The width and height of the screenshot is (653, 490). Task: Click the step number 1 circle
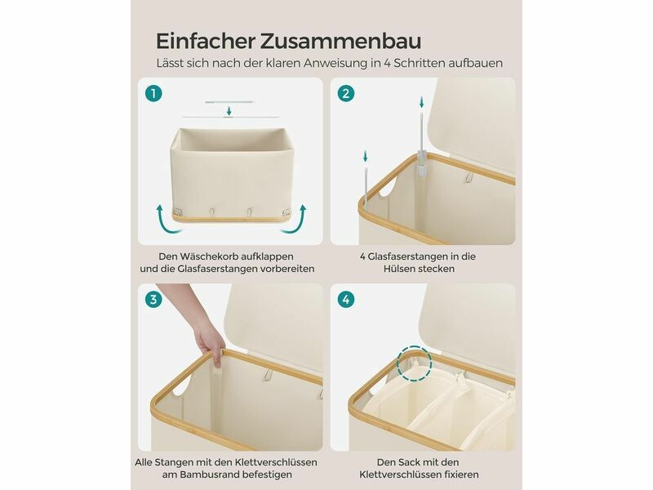153,93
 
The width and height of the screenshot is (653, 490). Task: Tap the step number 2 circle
345,93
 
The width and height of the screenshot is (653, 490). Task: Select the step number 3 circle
153,299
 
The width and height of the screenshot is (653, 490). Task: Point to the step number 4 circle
345,299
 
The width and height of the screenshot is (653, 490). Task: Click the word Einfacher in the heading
206,41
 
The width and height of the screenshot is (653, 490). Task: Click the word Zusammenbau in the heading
341,41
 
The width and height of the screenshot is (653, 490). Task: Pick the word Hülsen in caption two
398,269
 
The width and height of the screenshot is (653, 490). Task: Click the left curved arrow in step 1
167,218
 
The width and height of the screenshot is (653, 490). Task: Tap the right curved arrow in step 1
294,218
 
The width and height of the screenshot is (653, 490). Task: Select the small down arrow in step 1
229,111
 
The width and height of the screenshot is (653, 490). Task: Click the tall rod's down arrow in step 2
421,101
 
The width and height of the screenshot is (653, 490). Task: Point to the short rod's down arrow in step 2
365,156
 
